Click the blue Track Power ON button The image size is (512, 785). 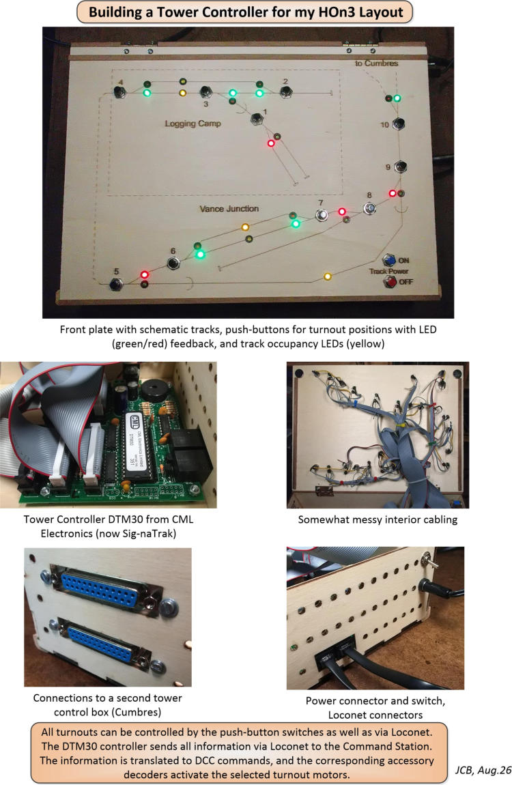389,260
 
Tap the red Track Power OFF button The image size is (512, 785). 390,282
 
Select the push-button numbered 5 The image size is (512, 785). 116,284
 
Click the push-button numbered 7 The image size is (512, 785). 322,215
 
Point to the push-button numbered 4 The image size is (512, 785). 119,92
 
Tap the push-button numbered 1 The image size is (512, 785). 257,118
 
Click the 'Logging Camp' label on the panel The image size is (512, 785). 193,123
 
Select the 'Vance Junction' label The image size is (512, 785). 229,208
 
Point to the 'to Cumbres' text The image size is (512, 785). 376,63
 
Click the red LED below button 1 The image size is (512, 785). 271,143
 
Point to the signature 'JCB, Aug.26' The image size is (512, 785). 483,770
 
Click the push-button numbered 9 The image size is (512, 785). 400,166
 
